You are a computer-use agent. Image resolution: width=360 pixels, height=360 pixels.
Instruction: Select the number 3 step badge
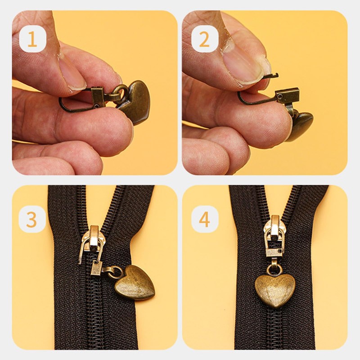tap(32, 219)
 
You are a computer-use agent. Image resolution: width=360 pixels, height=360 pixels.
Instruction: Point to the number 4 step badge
tap(204, 219)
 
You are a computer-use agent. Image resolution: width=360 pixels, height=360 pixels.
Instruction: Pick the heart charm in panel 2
tap(300, 126)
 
